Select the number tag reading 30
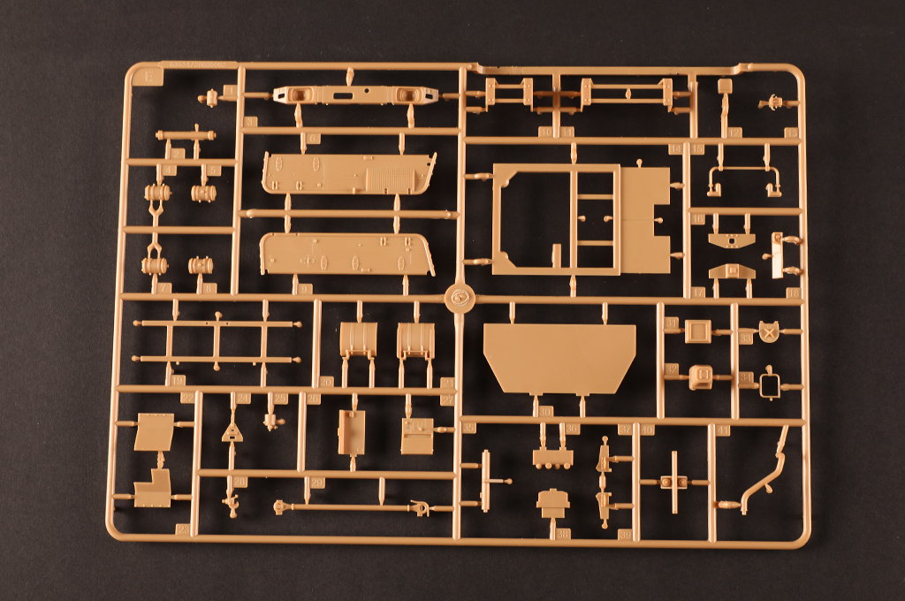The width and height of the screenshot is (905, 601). [x=545, y=412]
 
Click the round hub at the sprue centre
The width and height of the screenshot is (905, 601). [x=459, y=298]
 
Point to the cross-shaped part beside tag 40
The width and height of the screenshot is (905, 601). [x=674, y=482]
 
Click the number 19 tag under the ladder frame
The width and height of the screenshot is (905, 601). [x=179, y=380]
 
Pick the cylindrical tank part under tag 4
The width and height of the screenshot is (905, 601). [x=158, y=193]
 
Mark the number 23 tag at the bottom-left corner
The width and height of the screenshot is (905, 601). [x=183, y=529]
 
